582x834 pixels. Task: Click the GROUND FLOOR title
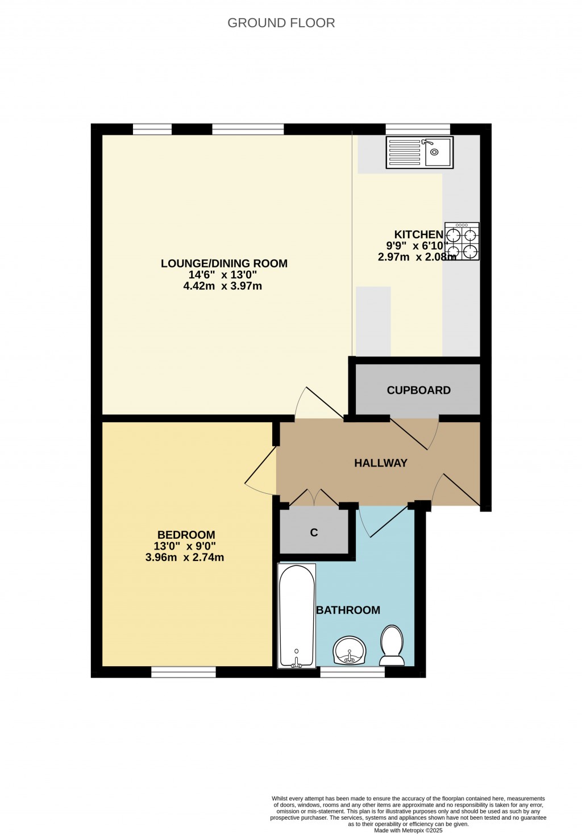pos(281,23)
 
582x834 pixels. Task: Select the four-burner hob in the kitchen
pos(462,241)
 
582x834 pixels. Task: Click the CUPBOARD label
pos(419,390)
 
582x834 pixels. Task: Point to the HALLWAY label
pos(381,463)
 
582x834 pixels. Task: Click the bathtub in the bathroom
pos(297,616)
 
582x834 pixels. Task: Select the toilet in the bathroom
pos(392,645)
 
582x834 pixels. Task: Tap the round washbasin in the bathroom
pos(350,651)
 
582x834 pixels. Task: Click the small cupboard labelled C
pos(314,532)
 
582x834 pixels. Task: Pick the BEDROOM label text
pos(186,535)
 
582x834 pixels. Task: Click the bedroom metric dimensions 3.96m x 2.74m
pos(185,558)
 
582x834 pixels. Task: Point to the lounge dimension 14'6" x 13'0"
pos(223,275)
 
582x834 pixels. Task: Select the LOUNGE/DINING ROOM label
pos(225,263)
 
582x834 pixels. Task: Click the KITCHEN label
pos(419,235)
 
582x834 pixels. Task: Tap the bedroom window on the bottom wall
pos(184,672)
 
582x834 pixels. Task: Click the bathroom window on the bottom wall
pos(352,672)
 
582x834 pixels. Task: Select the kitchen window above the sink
pos(418,129)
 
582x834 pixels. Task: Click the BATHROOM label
pos(348,610)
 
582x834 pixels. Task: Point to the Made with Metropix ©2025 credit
pos(408,831)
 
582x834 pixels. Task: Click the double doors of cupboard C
pos(314,497)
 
